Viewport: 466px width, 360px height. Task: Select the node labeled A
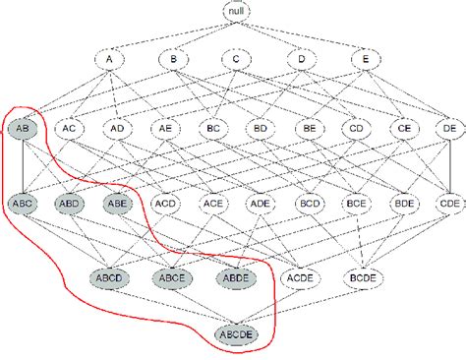[110, 60]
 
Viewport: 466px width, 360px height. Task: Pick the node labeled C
[236, 60]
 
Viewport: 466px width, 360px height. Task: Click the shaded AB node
[22, 128]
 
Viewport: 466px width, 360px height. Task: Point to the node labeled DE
[449, 128]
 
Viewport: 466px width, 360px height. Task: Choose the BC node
[212, 128]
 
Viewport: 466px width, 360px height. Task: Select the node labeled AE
[164, 128]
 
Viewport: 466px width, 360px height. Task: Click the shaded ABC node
[22, 205]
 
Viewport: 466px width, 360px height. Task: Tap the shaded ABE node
[117, 205]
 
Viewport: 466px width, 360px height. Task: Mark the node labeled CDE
[449, 205]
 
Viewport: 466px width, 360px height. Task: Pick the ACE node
[212, 205]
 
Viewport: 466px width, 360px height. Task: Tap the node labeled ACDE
[299, 277]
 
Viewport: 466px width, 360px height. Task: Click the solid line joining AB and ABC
[22, 166]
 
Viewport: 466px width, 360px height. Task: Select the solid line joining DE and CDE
[449, 166]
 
